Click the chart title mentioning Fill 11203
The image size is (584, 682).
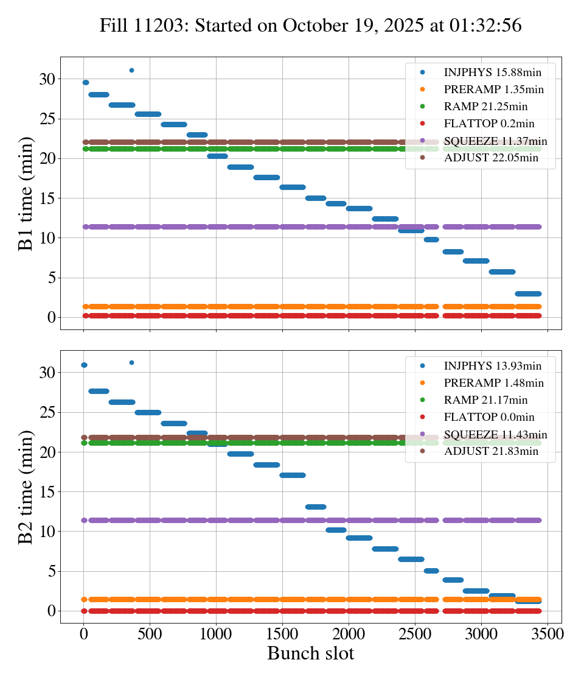[x=310, y=26]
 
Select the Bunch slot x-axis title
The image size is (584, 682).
[x=310, y=653]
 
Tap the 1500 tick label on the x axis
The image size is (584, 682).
[x=282, y=634]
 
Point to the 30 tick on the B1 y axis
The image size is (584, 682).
[x=47, y=79]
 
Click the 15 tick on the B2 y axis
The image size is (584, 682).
[x=47, y=491]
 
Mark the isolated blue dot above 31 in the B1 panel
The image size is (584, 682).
[x=131, y=70]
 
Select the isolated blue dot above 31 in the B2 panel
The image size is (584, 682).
[x=131, y=362]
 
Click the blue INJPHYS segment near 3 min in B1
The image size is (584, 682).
[x=527, y=294]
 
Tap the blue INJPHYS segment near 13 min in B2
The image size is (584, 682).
[x=316, y=507]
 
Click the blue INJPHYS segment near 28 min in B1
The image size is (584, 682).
[x=99, y=94]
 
